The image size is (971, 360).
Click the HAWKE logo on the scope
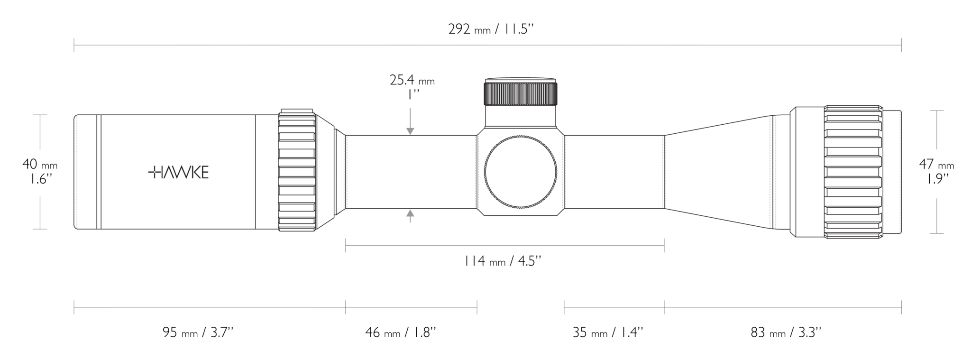pyautogui.click(x=178, y=173)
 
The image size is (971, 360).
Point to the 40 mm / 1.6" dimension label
pyautogui.click(x=40, y=172)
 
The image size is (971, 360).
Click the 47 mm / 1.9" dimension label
pyautogui.click(x=936, y=172)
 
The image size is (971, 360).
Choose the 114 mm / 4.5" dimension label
pyautogui.click(x=503, y=261)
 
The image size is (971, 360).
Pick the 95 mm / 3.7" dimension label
pyautogui.click(x=198, y=332)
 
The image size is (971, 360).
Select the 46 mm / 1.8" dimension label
pyautogui.click(x=401, y=332)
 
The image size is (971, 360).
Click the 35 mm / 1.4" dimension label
pyautogui.click(x=608, y=332)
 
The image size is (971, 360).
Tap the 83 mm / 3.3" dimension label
pyautogui.click(x=786, y=332)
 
